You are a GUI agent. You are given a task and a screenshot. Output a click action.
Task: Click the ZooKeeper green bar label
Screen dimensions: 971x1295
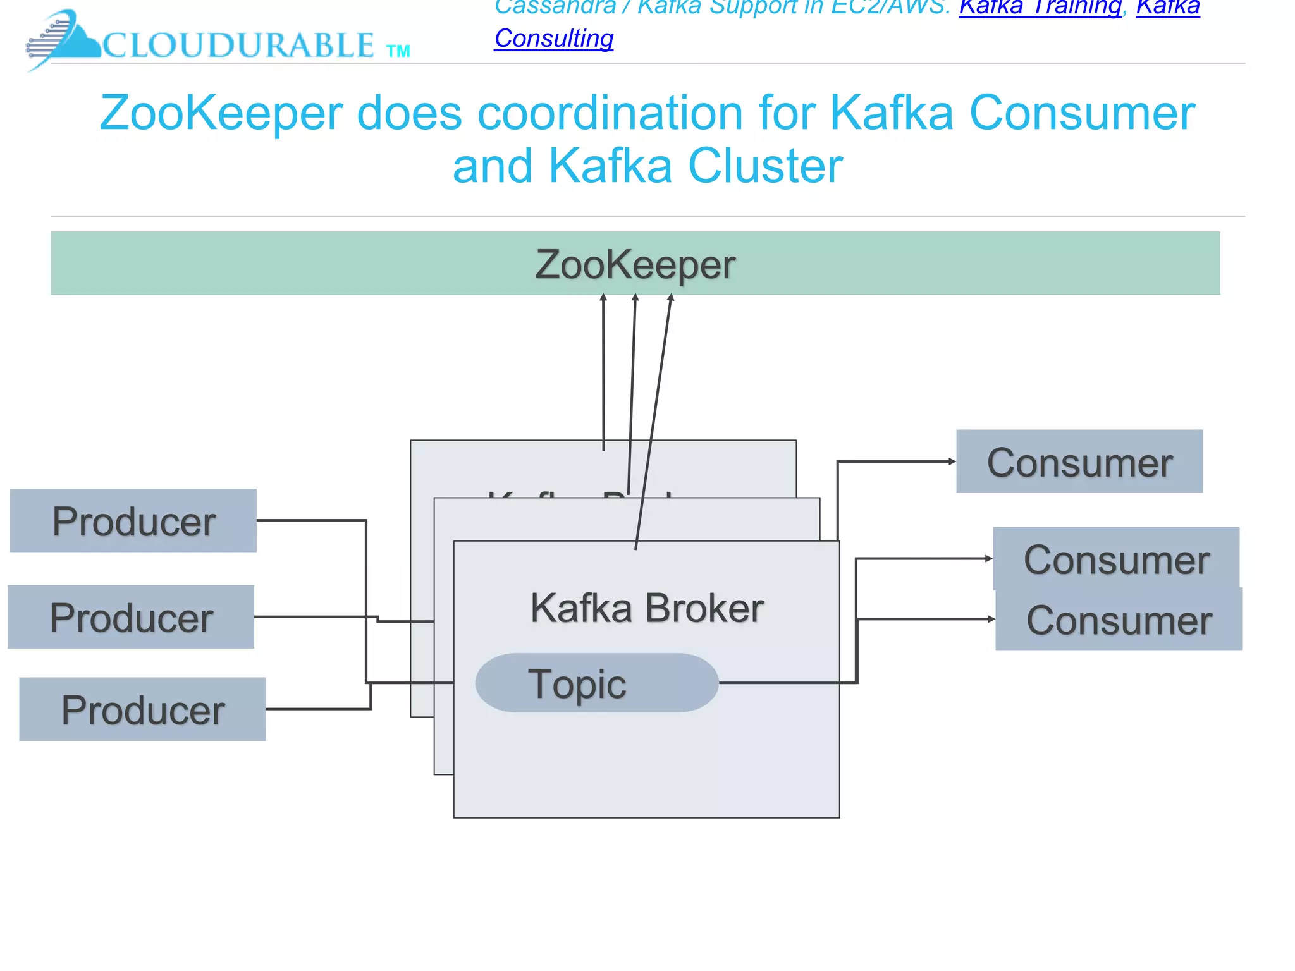pyautogui.click(x=635, y=264)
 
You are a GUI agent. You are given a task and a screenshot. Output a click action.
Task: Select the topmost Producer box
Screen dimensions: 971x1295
pyautogui.click(x=133, y=521)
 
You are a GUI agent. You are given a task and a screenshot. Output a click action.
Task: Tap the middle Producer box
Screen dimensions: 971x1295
pyautogui.click(x=131, y=617)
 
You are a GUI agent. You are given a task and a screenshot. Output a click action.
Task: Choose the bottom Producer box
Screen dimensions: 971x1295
pyautogui.click(x=142, y=709)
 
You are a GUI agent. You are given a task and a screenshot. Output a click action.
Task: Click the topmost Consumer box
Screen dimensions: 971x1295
pyautogui.click(x=1079, y=462)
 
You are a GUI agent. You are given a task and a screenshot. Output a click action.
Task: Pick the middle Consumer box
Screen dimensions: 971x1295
pyautogui.click(x=1115, y=559)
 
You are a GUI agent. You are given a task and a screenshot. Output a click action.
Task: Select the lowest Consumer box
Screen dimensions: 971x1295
pyautogui.click(x=1118, y=620)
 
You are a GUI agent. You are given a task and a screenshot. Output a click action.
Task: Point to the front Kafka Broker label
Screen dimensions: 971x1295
pyautogui.click(x=646, y=608)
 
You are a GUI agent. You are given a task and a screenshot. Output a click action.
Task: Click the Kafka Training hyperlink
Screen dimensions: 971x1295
pyautogui.click(x=1040, y=8)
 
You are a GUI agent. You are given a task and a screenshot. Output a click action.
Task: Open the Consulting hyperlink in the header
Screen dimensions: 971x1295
pyautogui.click(x=554, y=39)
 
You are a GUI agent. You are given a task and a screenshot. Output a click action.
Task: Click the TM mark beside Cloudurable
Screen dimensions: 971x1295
pyautogui.click(x=398, y=51)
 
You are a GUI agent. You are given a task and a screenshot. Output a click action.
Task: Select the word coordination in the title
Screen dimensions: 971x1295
pyautogui.click(x=610, y=113)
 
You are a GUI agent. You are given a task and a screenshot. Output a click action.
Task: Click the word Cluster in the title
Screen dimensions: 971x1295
pyautogui.click(x=765, y=166)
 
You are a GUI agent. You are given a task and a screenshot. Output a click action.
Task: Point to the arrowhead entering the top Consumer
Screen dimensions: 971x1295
pyautogui.click(x=952, y=461)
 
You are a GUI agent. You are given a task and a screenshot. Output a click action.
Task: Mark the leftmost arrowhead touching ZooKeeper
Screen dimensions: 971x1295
pyautogui.click(x=603, y=298)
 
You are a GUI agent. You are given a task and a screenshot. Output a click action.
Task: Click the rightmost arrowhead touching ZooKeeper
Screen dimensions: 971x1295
pyautogui.click(x=671, y=298)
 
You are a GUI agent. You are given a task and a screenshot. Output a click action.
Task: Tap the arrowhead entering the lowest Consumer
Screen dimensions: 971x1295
pyautogui.click(x=991, y=620)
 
